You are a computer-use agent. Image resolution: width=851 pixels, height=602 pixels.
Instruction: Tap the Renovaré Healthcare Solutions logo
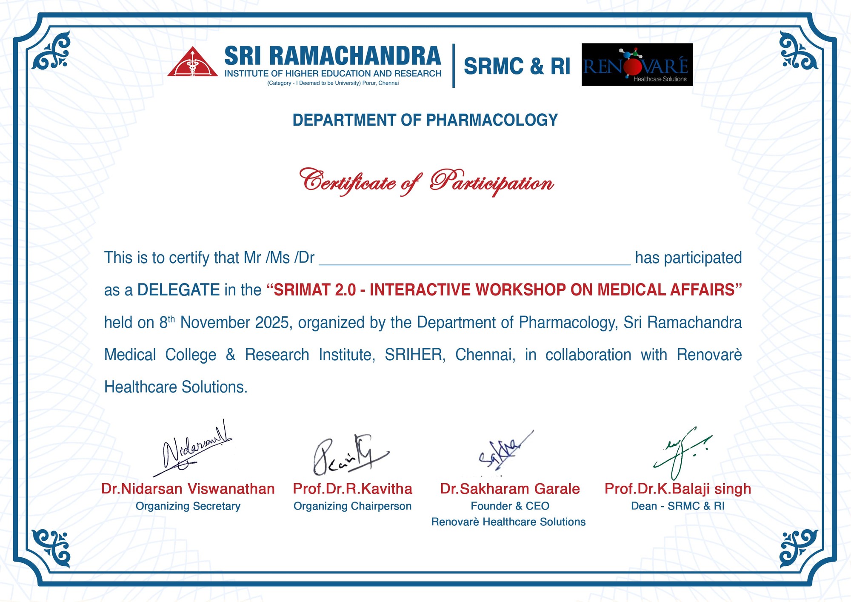coord(637,65)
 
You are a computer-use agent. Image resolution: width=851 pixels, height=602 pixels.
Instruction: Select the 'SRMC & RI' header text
coord(517,66)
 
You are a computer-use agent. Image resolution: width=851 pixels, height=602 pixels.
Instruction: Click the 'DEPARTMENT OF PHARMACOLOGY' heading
coord(425,120)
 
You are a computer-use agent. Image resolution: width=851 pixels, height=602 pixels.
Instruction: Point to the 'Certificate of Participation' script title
coord(426,182)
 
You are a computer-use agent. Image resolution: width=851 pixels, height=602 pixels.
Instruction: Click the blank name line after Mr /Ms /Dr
coord(475,264)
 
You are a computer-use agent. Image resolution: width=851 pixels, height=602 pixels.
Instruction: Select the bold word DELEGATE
coord(178,290)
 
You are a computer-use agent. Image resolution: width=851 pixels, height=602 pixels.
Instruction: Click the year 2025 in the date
coord(272,322)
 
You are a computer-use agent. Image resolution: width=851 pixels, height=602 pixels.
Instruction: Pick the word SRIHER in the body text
coord(415,355)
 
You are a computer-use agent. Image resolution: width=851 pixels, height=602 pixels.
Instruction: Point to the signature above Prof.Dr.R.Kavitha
coord(351,455)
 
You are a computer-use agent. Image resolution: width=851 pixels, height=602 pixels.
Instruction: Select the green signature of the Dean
coord(683,453)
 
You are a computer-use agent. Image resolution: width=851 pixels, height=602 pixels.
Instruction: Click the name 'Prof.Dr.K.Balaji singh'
coord(678,489)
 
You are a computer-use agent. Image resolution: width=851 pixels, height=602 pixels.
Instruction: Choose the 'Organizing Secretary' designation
coord(188,506)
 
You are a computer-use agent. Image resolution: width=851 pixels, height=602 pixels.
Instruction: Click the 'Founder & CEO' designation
coord(510,506)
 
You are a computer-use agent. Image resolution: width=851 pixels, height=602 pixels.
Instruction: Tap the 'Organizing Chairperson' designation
coord(353,506)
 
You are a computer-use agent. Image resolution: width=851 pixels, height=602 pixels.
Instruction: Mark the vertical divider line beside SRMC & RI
coord(454,66)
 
